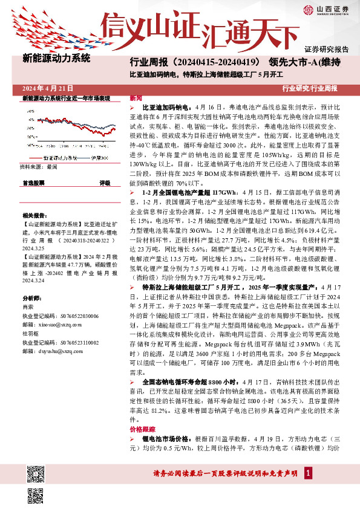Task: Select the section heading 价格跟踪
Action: (x=141, y=428)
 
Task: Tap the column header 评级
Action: (x=105, y=182)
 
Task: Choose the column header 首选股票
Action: (x=33, y=182)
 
